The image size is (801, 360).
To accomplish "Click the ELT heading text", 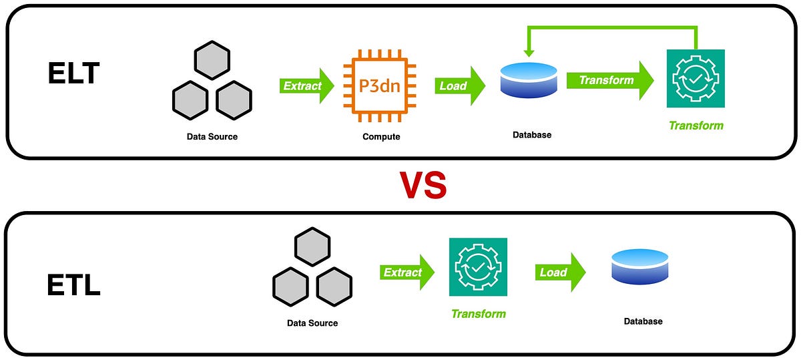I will click(73, 73).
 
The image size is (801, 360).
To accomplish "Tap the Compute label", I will click(381, 137).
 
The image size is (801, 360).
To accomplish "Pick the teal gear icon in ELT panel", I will click(696, 78).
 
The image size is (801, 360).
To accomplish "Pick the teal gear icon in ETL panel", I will click(478, 266).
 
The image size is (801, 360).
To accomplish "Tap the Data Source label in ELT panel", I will click(212, 137).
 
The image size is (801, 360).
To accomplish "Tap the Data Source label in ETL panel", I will click(312, 323).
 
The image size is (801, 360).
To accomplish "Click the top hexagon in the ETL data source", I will click(312, 247).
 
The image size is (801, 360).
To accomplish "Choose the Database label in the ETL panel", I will click(643, 321).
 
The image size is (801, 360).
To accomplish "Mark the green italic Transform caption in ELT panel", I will click(696, 126).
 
